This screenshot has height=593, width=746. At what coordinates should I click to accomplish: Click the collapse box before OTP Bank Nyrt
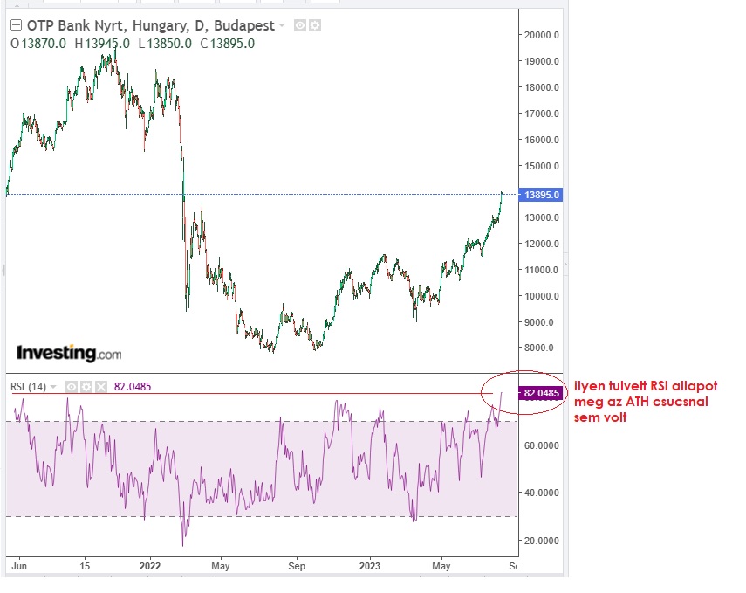[16, 26]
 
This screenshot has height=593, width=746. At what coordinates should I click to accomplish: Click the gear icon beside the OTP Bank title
[315, 26]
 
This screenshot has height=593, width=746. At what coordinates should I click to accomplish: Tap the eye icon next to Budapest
[299, 26]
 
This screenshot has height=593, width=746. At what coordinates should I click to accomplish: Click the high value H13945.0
[102, 43]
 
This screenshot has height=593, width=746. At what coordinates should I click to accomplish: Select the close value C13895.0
[226, 43]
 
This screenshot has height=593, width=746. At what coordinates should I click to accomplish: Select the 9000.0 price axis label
[540, 322]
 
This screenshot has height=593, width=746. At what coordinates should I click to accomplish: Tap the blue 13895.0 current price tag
[541, 195]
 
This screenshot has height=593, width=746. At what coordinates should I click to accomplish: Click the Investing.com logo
[69, 354]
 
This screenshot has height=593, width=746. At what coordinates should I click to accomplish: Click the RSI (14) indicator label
[29, 387]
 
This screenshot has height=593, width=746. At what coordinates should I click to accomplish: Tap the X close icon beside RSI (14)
[101, 387]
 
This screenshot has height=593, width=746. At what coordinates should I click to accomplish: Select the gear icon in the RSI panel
[86, 387]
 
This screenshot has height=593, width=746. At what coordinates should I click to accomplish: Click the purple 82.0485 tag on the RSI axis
[542, 394]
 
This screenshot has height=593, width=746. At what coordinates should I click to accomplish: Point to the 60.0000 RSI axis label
[542, 445]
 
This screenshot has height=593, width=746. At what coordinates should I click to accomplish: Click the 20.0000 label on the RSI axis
[542, 541]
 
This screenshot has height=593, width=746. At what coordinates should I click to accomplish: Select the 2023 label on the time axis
[370, 566]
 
